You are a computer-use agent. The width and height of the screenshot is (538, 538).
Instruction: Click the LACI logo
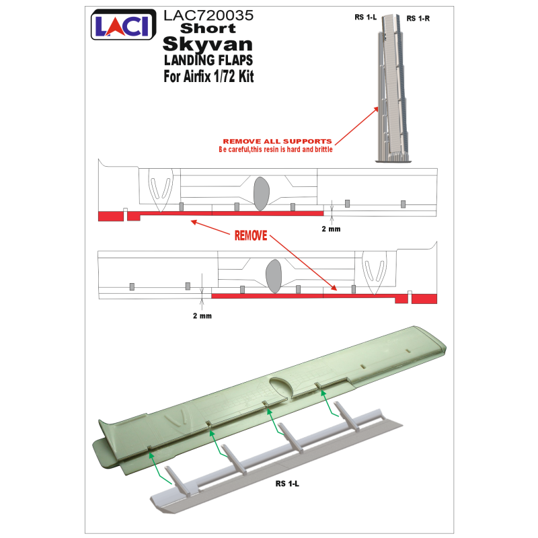[124, 25]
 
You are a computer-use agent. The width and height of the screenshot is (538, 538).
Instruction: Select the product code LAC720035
[208, 15]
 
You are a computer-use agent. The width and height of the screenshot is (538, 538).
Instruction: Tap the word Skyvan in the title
[208, 44]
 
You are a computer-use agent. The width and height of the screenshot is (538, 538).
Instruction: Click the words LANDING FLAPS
[208, 61]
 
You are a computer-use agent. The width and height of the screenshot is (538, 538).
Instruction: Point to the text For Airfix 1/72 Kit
[208, 76]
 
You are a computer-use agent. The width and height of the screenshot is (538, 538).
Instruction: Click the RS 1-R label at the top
[418, 19]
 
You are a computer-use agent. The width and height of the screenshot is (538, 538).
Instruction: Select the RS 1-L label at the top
[365, 17]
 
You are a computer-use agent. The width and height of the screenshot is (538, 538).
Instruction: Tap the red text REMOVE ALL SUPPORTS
[277, 141]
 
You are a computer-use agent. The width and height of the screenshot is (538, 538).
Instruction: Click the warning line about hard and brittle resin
[276, 149]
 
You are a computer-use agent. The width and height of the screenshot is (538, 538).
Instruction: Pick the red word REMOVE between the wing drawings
[251, 236]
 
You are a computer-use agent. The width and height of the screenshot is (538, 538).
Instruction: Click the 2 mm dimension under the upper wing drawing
[331, 229]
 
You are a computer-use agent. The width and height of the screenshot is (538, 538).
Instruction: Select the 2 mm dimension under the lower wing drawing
[202, 315]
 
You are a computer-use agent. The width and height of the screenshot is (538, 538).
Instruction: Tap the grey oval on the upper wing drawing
[261, 194]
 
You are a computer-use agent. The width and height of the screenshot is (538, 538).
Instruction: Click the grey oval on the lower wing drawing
[274, 276]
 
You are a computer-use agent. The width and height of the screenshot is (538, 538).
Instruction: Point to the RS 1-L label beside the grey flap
[287, 484]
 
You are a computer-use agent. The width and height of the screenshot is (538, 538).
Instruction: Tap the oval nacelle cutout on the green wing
[281, 387]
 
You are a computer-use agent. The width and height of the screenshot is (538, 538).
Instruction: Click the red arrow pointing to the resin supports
[356, 126]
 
